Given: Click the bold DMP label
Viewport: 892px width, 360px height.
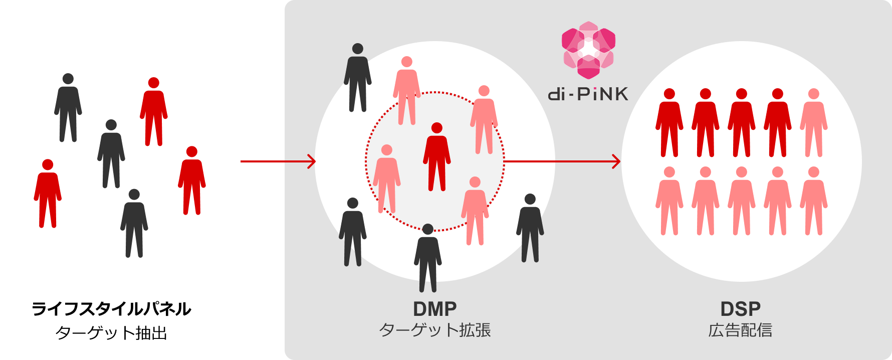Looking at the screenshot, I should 434,309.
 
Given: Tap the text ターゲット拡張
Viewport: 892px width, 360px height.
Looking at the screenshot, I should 434,330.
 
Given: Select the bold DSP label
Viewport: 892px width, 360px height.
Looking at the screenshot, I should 740,309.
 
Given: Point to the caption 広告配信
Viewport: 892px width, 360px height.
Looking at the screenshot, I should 740,330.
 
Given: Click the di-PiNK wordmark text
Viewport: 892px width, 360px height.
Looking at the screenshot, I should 588,94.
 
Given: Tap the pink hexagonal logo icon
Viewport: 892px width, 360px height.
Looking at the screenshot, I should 588,50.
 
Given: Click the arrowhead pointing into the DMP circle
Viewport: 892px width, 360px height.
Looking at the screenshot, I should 312,161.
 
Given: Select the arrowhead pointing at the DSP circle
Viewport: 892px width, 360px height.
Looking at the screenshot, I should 616,161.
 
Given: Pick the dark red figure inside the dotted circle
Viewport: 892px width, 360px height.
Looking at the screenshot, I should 436,158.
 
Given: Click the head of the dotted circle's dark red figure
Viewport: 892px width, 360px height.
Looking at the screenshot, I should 436,128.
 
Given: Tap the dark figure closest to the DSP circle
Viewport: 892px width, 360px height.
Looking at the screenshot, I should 530,228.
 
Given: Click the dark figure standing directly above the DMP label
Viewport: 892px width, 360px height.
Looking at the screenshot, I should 427,258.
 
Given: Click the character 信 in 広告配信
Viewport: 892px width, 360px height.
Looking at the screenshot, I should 764,330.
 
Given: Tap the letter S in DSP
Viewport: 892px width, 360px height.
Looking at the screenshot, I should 740,309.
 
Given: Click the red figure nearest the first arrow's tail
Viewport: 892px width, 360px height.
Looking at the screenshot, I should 192,181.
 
